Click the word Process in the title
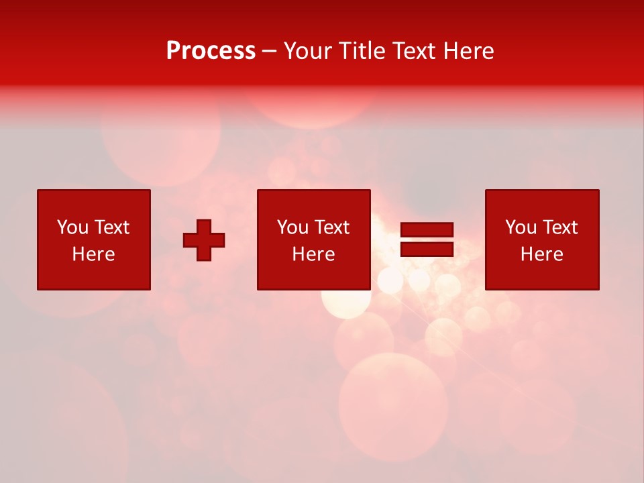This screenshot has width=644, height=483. tap(211, 51)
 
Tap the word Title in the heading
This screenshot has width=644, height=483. tap(362, 51)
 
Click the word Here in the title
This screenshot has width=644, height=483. tap(471, 51)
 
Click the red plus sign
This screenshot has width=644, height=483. tap(204, 240)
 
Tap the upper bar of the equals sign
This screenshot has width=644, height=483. tap(427, 230)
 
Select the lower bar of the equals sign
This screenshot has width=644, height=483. tap(427, 250)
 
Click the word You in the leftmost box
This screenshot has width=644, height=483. tap(72, 227)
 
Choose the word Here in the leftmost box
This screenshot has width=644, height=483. tap(93, 254)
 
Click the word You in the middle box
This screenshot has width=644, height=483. tap(292, 227)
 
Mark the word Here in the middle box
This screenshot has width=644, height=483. tap(313, 254)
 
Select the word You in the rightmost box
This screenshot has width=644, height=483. tap(521, 227)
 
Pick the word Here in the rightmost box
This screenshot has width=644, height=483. tap(541, 254)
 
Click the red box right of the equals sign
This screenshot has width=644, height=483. tap(542, 275)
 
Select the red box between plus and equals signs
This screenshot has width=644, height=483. tap(314, 275)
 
